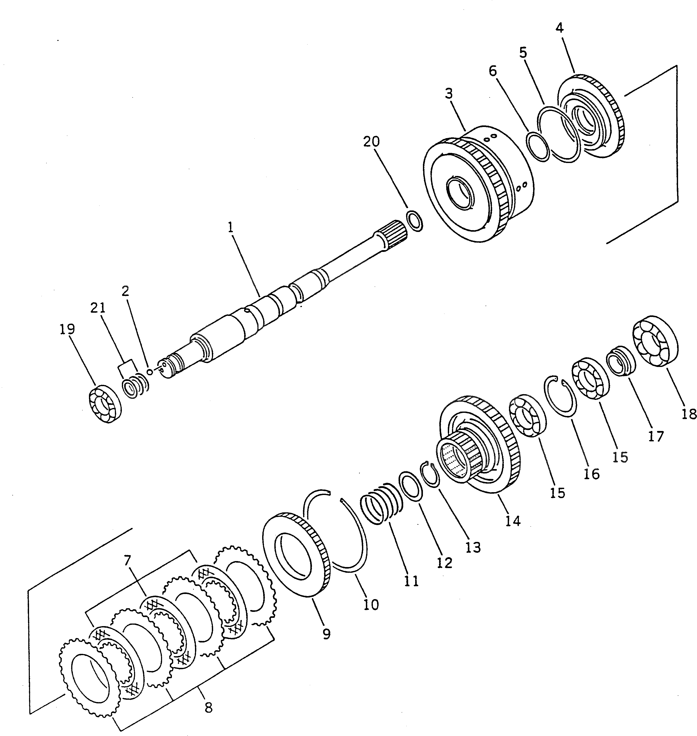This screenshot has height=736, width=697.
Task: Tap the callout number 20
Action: (x=372, y=141)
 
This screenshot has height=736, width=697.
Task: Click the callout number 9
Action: (x=326, y=634)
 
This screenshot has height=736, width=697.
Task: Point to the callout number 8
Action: (x=208, y=707)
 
